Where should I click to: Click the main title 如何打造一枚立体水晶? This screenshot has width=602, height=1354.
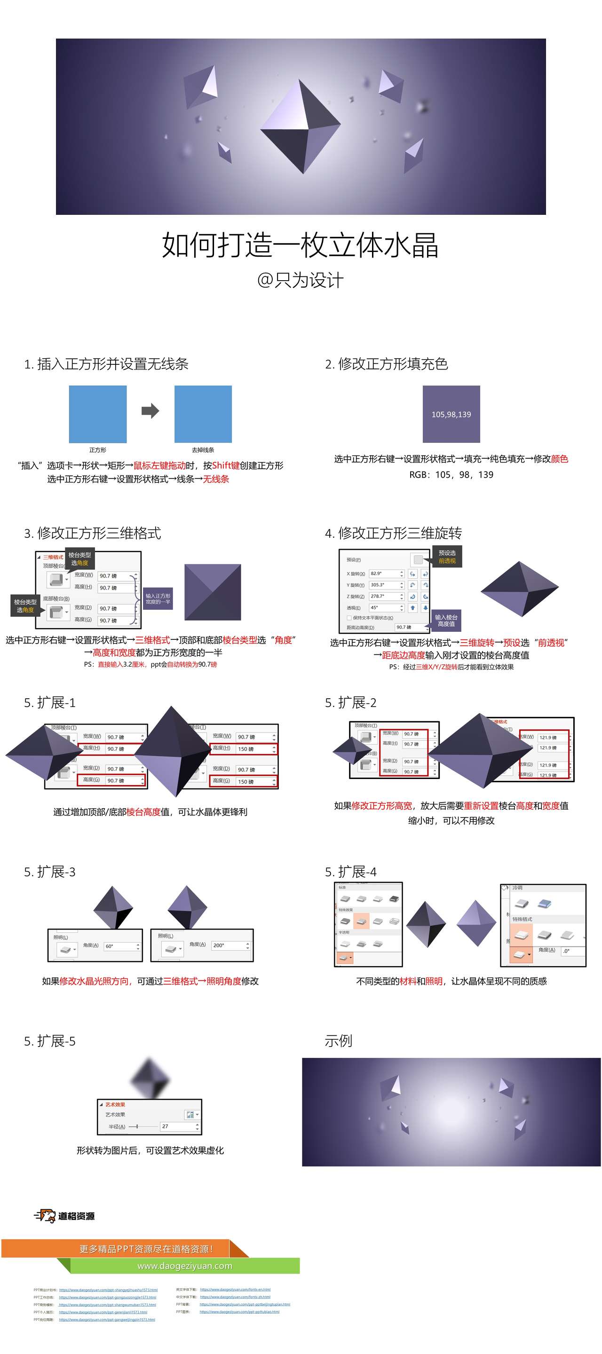(300, 245)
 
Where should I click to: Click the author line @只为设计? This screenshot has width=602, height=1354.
(300, 280)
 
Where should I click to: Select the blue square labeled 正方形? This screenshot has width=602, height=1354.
(98, 414)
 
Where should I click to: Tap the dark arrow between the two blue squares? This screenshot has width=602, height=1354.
(150, 410)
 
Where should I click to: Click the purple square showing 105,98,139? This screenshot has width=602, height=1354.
(451, 414)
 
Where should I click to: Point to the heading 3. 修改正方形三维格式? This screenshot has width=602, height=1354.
(93, 533)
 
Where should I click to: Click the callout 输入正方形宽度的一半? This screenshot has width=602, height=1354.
(158, 598)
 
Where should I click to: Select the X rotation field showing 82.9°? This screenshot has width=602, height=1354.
(384, 574)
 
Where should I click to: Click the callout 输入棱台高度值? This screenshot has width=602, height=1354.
(446, 620)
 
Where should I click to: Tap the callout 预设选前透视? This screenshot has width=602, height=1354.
(447, 557)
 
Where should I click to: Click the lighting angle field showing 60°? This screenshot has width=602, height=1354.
(119, 946)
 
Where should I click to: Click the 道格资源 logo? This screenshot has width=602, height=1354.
(65, 1216)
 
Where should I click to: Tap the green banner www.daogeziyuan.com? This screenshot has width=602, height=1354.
(184, 1266)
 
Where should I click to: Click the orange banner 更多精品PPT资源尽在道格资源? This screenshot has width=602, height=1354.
(146, 1249)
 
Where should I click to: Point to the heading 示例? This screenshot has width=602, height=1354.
(338, 1040)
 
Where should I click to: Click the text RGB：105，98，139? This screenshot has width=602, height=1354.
(451, 475)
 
